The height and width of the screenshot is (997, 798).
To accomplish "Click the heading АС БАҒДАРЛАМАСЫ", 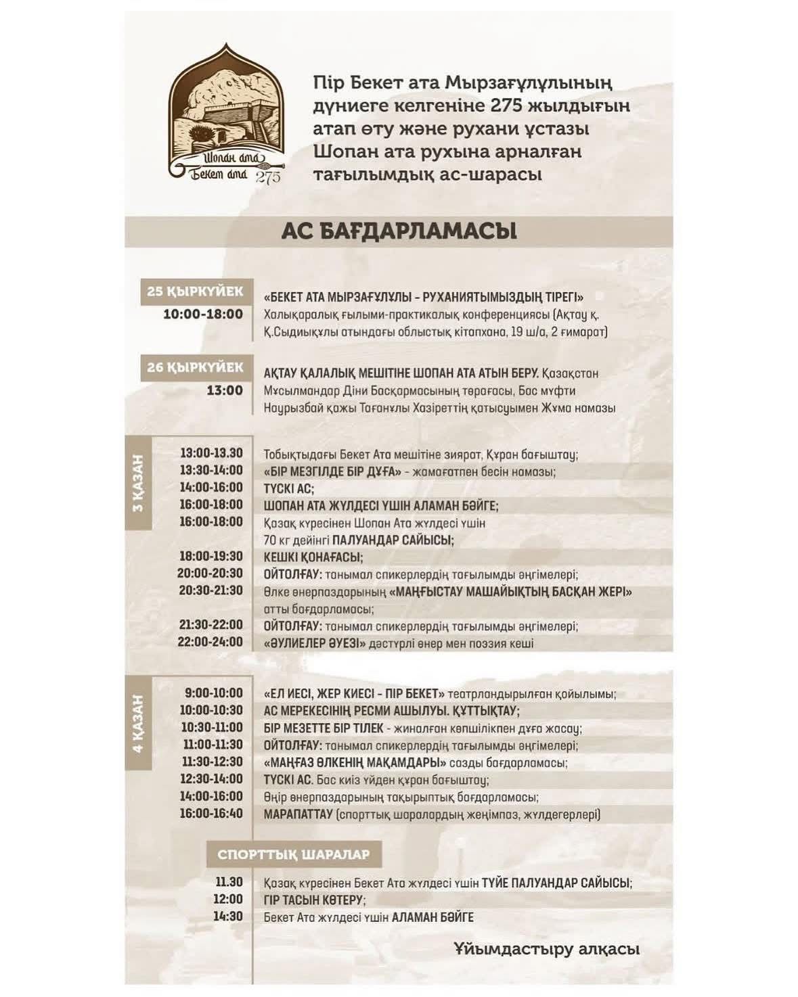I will [399, 231].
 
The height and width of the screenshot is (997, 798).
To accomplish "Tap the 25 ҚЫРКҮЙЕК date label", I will [195, 292].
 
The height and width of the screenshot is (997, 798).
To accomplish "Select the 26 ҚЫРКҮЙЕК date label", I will [195, 367].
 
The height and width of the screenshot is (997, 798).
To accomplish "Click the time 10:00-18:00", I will [203, 314].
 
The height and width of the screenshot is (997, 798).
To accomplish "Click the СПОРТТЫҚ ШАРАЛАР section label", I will [293, 854].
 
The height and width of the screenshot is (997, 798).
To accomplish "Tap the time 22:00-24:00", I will [210, 641].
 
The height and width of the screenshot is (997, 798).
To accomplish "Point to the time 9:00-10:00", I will [213, 693].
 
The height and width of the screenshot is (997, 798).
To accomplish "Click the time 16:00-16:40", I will [211, 814].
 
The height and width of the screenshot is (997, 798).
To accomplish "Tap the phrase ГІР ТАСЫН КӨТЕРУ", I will [314, 900].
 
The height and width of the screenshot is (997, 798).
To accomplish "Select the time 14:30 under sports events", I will [229, 917].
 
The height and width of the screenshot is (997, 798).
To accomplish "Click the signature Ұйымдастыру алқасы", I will [546, 949].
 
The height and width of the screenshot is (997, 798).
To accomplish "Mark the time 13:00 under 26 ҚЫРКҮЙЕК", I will [225, 390].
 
